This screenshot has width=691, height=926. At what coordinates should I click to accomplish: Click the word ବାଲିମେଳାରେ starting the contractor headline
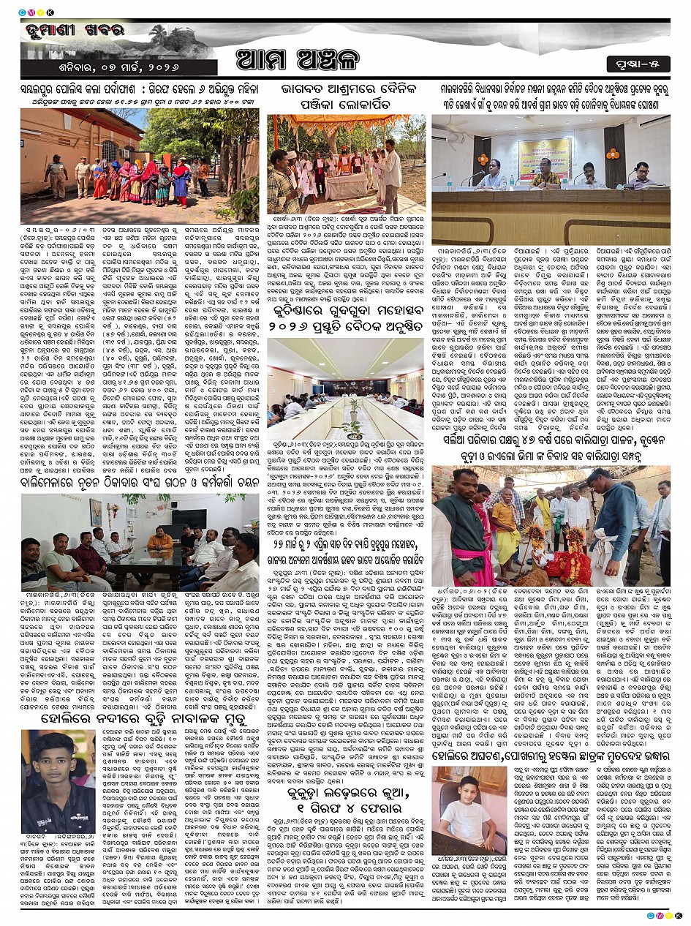pyautogui.click(x=53, y=484)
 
